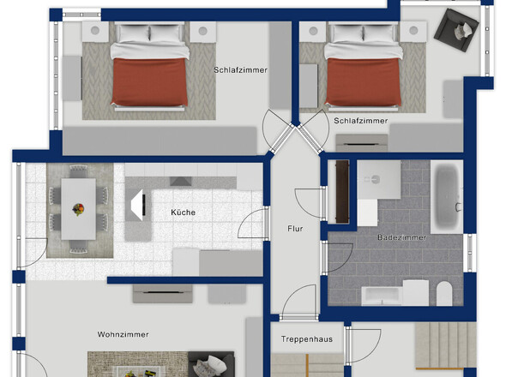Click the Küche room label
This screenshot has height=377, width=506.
pyautogui.click(x=183, y=212)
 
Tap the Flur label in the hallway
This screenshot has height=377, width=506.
pyautogui.click(x=295, y=229)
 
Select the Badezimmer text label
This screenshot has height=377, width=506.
pyautogui.click(x=401, y=237)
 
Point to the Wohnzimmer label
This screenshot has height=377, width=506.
pyautogui.click(x=123, y=334)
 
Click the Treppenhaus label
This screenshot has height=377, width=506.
pyautogui.click(x=306, y=339)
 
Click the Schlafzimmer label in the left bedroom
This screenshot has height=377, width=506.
pyautogui.click(x=240, y=70)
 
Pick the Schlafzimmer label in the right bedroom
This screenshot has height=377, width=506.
pyautogui.click(x=361, y=121)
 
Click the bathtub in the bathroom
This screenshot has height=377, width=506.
pyautogui.click(x=448, y=197)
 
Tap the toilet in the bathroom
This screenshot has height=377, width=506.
pyautogui.click(x=444, y=293)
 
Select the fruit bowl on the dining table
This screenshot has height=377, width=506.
pyautogui.click(x=78, y=209)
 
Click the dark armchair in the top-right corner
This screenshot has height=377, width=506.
pyautogui.click(x=456, y=30)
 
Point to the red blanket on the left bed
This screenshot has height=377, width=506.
pyautogui.click(x=149, y=82)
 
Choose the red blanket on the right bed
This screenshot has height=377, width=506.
pyautogui.click(x=364, y=82)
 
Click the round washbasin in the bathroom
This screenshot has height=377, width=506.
pyautogui.click(x=376, y=179)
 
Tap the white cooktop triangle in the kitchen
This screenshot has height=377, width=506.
pyautogui.click(x=137, y=205)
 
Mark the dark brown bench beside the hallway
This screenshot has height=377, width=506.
pyautogui.click(x=342, y=192)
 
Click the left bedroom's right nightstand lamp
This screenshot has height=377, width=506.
pyautogui.click(x=202, y=31)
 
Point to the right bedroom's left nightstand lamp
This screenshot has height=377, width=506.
pyautogui.click(x=313, y=31)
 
